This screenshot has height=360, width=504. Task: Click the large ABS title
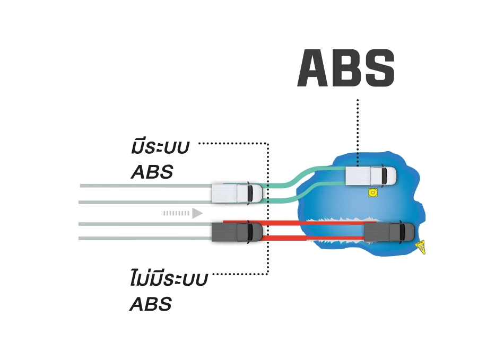coord(346,68)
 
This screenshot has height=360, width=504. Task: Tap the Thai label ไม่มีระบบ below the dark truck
coord(168,279)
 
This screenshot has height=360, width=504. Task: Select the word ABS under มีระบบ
coord(151,172)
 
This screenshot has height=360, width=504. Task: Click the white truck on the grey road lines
coord(237,194)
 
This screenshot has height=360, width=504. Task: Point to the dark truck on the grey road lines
coord(237,232)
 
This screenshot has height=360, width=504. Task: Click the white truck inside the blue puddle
coord(370,176)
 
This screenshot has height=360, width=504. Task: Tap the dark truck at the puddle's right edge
coord(389,231)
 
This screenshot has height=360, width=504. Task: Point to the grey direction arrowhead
coord(197,213)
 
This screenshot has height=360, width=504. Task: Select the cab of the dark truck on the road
coord(253,232)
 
